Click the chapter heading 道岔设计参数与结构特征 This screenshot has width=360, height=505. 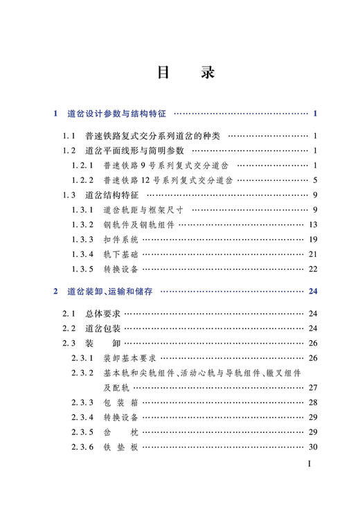[x=118, y=114]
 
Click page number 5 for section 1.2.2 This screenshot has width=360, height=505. [x=314, y=179]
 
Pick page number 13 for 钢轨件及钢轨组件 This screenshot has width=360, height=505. [x=312, y=224]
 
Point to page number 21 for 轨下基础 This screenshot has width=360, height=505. [x=312, y=254]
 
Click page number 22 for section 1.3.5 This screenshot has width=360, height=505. [x=312, y=269]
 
